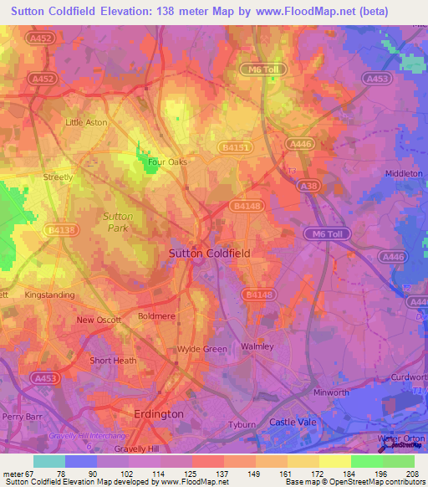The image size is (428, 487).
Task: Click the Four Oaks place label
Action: click(x=166, y=162)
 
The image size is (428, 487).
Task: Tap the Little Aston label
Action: click(x=86, y=122)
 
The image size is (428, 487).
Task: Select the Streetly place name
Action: click(x=59, y=177)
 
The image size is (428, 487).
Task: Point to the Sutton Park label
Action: click(x=118, y=222)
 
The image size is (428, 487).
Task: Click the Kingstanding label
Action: click(x=49, y=295)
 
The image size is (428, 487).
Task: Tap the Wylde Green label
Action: click(x=201, y=349)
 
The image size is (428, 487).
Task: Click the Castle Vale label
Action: click(x=293, y=423)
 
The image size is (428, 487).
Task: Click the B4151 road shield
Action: click(x=236, y=146)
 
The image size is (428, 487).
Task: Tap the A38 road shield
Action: click(x=308, y=187)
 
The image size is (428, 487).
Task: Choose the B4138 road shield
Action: click(x=61, y=228)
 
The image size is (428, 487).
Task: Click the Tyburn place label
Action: click(x=242, y=424)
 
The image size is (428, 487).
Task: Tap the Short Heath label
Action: click(x=113, y=361)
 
